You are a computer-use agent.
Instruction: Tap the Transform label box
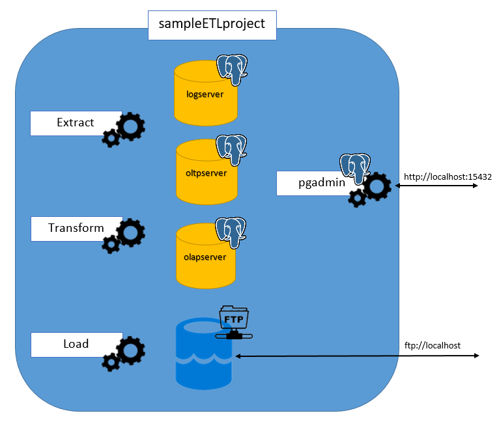pyautogui.click(x=76, y=229)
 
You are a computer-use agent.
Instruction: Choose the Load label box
pyautogui.click(x=76, y=344)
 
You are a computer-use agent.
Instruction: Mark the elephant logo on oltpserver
pyautogui.click(x=233, y=150)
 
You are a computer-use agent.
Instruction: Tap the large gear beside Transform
pyautogui.click(x=130, y=232)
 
